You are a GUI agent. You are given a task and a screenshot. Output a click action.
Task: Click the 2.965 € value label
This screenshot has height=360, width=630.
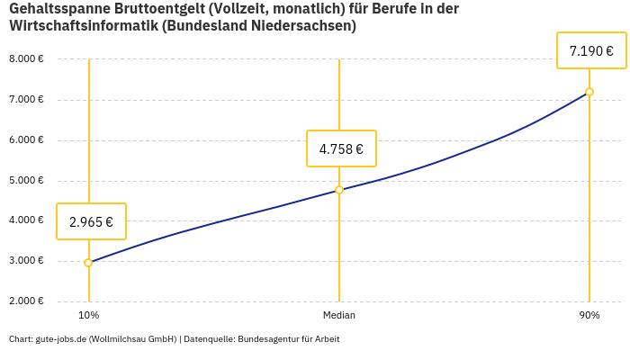tap(91, 221)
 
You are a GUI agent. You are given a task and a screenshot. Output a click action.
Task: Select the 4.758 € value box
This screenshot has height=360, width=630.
tap(341, 148)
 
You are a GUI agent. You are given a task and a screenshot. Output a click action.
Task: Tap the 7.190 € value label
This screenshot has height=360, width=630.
tap(591, 50)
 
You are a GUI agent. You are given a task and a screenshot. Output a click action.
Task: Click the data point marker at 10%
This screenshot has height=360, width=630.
tap(88, 263)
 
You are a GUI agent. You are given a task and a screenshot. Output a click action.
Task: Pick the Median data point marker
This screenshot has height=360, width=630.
tap(339, 190)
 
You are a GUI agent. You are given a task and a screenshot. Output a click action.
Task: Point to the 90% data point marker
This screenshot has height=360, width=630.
tap(589, 92)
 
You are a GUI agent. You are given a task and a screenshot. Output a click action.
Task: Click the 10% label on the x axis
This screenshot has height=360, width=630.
tap(89, 315)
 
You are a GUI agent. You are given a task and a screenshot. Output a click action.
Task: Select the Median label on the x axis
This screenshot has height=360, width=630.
tap(339, 315)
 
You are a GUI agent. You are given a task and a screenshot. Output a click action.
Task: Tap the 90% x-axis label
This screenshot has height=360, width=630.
tap(589, 315)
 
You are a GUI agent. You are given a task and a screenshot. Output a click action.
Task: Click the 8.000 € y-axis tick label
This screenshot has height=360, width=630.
tap(26, 59)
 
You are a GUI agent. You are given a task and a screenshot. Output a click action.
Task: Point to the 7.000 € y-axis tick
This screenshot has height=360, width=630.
tap(26, 100)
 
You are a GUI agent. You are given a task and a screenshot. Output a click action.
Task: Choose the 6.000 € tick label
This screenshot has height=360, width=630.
tap(26, 140)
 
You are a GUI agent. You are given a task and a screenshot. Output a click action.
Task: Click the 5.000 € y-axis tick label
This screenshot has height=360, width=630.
tap(26, 181)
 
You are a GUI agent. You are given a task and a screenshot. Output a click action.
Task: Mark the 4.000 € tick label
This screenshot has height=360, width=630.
tap(26, 220)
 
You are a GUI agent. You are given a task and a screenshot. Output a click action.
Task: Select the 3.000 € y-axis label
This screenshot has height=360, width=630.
tap(26, 261)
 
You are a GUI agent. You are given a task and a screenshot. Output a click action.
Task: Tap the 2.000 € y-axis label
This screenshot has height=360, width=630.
tap(26, 301)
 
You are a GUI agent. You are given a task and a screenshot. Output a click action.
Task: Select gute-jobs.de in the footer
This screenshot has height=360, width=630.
tap(60, 339)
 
